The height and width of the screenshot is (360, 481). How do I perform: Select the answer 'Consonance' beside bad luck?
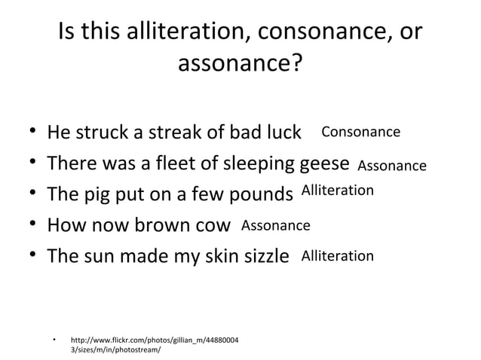click(x=360, y=133)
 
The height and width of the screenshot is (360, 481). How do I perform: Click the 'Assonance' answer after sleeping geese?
click(x=391, y=166)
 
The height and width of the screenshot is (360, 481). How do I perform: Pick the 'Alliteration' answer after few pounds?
click(x=337, y=191)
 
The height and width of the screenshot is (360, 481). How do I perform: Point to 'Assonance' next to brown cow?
click(x=275, y=224)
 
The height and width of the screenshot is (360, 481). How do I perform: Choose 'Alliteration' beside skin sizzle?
click(x=337, y=256)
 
